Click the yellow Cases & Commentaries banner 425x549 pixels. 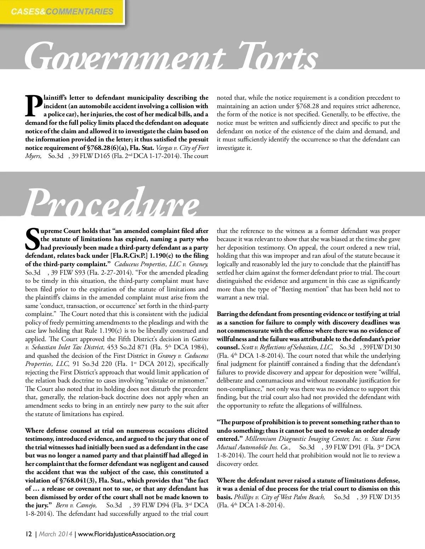point(62,12)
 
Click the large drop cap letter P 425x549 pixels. point(34,106)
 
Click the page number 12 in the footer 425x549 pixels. point(29,534)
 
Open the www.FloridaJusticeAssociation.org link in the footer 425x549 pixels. point(126,534)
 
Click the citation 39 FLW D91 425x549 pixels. point(344,447)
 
